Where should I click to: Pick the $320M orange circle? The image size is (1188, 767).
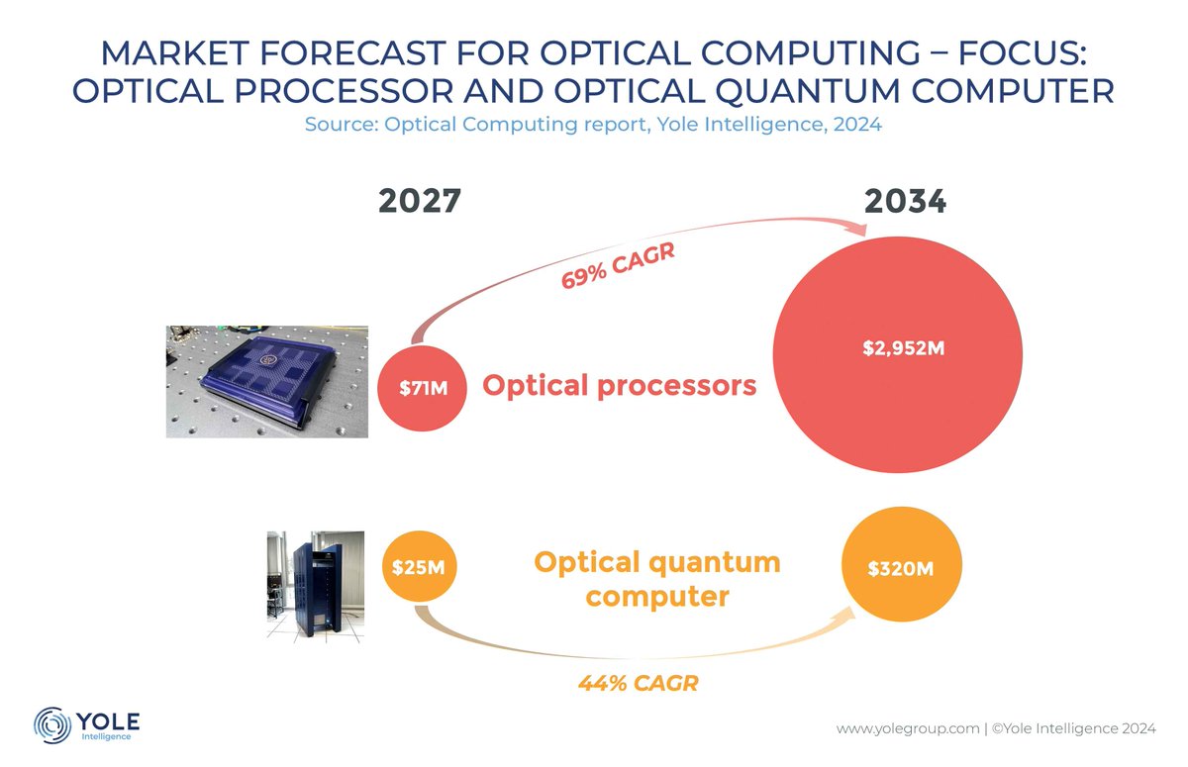(x=901, y=569)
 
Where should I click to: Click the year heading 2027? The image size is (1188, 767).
(x=420, y=202)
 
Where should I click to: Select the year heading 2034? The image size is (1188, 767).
(x=905, y=202)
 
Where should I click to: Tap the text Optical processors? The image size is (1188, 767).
(x=619, y=386)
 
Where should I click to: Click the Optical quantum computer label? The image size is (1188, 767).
(x=656, y=580)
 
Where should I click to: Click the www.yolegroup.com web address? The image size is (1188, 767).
(x=906, y=729)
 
